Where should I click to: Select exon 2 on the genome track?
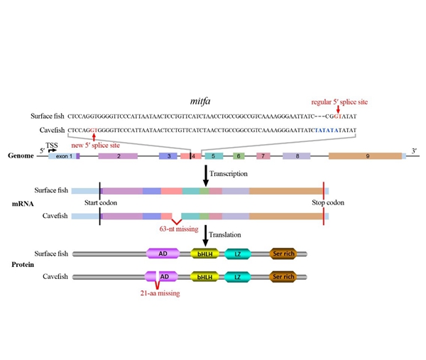pos(117,156)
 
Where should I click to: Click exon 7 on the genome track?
pos(263,156)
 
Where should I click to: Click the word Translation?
pos(232,235)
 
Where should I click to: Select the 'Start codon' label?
pos(101,202)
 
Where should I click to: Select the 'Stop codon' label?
pos(328,202)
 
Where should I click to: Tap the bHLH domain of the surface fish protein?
pos(204,253)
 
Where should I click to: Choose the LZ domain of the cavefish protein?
pos(238,276)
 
